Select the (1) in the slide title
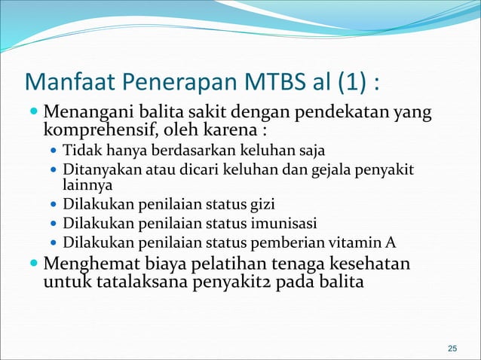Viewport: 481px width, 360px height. pos(351,81)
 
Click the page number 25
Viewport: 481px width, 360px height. pos(452,348)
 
